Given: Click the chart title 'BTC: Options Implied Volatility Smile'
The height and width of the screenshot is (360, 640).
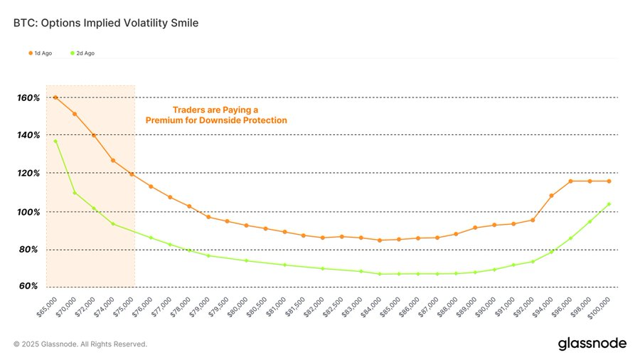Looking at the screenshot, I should [105, 23].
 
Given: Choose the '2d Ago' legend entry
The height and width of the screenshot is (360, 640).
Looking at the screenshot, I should [85, 53].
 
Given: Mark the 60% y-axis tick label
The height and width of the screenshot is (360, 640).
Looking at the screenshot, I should [28, 287].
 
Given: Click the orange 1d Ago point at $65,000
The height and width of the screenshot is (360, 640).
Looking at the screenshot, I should [55, 97].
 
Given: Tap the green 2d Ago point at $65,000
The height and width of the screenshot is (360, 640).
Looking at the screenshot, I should [55, 141].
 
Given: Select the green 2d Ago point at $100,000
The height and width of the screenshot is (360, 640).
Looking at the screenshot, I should [609, 204].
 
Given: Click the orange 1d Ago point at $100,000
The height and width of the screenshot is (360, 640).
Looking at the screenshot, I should [609, 181].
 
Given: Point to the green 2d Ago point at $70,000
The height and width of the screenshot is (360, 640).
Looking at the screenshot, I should [75, 193].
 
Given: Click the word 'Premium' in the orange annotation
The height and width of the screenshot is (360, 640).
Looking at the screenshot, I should [164, 121].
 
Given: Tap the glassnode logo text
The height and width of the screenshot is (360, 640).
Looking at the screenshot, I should [592, 344].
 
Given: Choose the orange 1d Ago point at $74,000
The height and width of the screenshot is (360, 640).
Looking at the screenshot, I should [113, 160].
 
